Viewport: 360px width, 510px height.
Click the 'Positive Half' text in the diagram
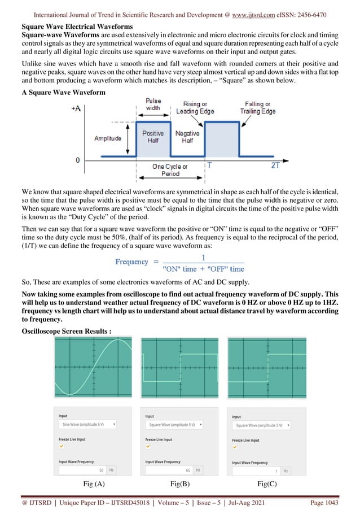153,137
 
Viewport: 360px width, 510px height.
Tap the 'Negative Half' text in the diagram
187,137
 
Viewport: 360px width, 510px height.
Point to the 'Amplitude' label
107,138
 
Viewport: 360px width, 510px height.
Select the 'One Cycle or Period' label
170,170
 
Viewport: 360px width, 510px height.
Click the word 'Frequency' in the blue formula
132,261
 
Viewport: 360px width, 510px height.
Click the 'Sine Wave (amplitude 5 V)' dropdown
87,424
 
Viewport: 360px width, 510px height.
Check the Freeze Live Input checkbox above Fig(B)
148,446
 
